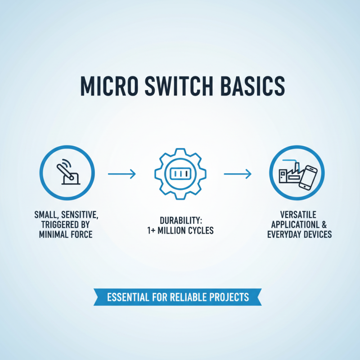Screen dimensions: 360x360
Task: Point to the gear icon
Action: (x=180, y=173)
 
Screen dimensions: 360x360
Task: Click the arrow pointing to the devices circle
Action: (x=237, y=174)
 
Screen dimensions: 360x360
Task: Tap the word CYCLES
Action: (x=202, y=230)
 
